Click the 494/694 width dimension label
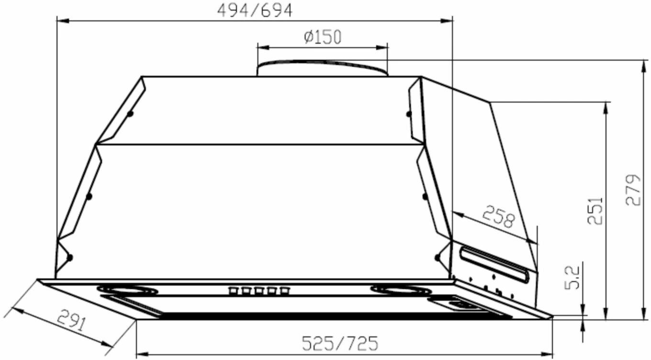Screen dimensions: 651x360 coord(255,11)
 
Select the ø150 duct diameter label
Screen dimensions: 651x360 coord(323,37)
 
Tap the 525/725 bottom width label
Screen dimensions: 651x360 coord(340,343)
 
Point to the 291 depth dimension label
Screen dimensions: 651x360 coord(72,320)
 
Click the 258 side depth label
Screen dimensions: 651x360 coord(499,216)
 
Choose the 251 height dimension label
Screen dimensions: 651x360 coord(595,211)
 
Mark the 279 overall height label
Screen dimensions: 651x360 coord(633,190)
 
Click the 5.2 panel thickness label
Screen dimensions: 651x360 coord(572,278)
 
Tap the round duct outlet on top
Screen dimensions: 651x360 coord(322,68)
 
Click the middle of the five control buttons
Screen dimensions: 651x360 coord(258,291)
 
